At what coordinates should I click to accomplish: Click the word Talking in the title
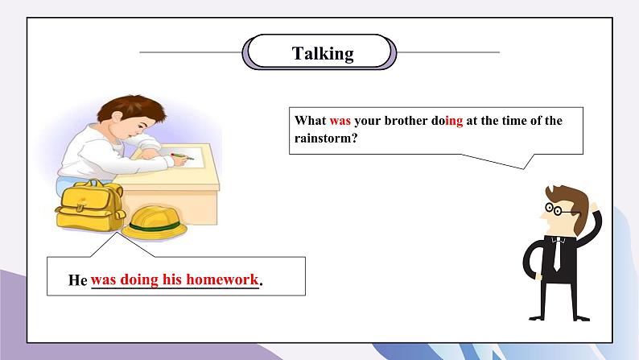(x=323, y=54)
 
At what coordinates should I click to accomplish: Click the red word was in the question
(x=340, y=121)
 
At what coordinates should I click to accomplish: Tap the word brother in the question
(x=406, y=120)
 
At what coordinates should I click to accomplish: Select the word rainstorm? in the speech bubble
(x=326, y=138)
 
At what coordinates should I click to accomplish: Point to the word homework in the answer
(x=222, y=279)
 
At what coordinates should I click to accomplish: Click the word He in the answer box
(x=77, y=280)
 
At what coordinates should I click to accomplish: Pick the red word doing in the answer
(x=139, y=280)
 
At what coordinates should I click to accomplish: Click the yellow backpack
(x=90, y=205)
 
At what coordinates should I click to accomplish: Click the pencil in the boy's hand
(x=182, y=156)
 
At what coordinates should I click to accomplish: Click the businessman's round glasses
(x=555, y=209)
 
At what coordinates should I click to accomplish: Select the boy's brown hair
(x=131, y=108)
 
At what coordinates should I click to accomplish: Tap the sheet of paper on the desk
(x=181, y=157)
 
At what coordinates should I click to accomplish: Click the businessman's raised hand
(x=594, y=207)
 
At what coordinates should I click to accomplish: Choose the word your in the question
(x=368, y=122)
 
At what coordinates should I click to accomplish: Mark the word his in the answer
(x=172, y=279)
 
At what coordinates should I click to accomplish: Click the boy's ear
(x=117, y=118)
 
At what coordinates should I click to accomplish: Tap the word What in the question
(x=310, y=120)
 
